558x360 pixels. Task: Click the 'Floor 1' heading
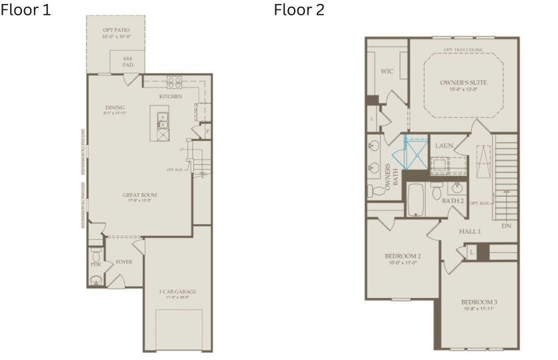tap(25, 11)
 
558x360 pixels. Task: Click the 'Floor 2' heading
tap(299, 11)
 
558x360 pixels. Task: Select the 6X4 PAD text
tap(128, 62)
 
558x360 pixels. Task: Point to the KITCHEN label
tap(170, 97)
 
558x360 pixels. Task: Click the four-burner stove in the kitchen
tap(174, 82)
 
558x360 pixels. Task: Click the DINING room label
tap(115, 108)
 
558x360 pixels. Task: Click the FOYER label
tap(124, 262)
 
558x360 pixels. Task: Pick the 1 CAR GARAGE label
tap(177, 292)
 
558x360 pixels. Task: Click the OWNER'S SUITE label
tap(463, 82)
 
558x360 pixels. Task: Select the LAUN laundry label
tap(444, 145)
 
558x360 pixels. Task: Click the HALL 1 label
tap(469, 231)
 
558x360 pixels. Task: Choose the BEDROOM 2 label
tap(402, 256)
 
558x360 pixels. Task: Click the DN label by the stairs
tap(506, 226)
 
